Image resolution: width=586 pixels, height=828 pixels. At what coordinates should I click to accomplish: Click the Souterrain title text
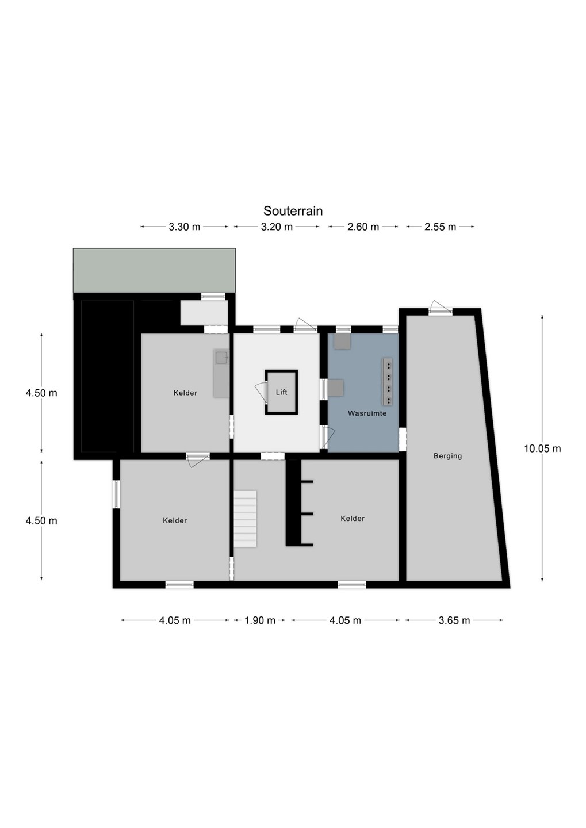tap(293, 211)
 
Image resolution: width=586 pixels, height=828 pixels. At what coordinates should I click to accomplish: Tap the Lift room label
tap(281, 392)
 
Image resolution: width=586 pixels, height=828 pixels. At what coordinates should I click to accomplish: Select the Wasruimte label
tap(367, 413)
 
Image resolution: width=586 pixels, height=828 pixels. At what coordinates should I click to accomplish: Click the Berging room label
tap(448, 456)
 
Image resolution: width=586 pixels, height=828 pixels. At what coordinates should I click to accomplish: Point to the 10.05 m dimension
tap(542, 448)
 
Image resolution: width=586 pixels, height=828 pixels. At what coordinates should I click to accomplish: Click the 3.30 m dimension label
tap(185, 227)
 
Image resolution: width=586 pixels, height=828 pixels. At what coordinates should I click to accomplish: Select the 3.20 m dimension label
tap(277, 227)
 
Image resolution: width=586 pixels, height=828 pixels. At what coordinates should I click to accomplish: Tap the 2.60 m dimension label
tap(363, 227)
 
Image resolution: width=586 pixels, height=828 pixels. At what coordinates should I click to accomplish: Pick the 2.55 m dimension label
tap(441, 227)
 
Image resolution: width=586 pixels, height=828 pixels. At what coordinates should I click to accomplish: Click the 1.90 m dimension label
tap(260, 620)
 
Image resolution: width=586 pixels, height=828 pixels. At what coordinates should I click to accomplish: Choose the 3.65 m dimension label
tap(454, 620)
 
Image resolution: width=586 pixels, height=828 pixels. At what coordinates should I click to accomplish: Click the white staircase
tap(245, 519)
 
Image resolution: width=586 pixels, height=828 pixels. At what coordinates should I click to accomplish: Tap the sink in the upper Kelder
tap(222, 358)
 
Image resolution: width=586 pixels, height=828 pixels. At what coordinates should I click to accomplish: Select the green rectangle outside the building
tap(154, 270)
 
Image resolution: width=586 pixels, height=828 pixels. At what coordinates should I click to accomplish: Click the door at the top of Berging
tap(441, 308)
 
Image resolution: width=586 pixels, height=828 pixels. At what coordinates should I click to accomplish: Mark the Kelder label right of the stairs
tap(353, 519)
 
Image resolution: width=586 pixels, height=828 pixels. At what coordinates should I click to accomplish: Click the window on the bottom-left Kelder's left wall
tap(116, 494)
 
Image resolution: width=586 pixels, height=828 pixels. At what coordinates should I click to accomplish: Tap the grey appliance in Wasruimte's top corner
tap(342, 341)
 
